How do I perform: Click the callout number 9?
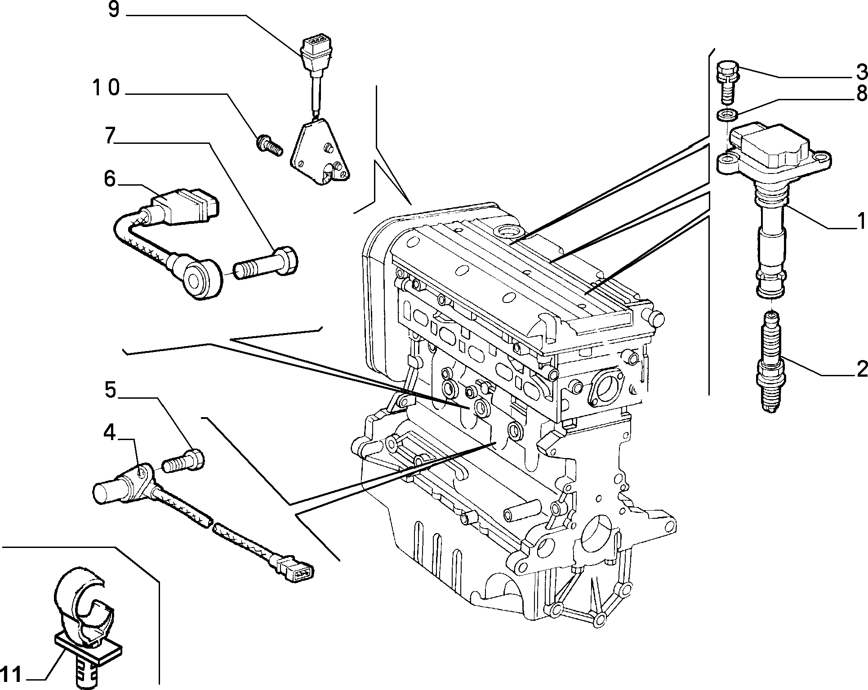pyautogui.click(x=114, y=10)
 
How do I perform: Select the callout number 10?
pyautogui.click(x=106, y=88)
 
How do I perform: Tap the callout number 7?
pyautogui.click(x=110, y=136)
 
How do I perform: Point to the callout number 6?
pyautogui.click(x=110, y=178)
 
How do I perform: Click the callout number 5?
pyautogui.click(x=111, y=390)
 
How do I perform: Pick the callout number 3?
pyautogui.click(x=860, y=71)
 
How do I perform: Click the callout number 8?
pyautogui.click(x=860, y=93)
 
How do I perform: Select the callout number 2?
pyautogui.click(x=860, y=369)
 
